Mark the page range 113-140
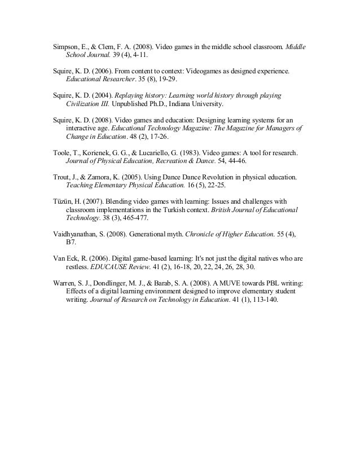262,300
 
